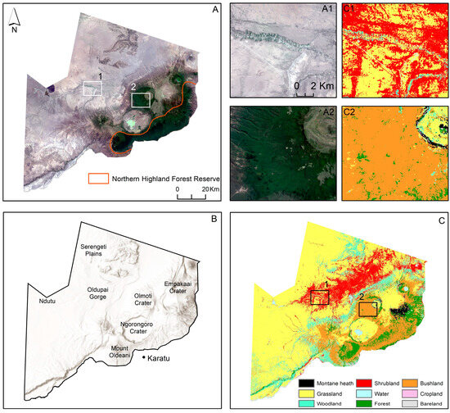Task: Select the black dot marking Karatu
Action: click(x=144, y=358)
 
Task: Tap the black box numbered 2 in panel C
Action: click(x=368, y=308)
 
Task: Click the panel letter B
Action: click(x=214, y=220)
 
